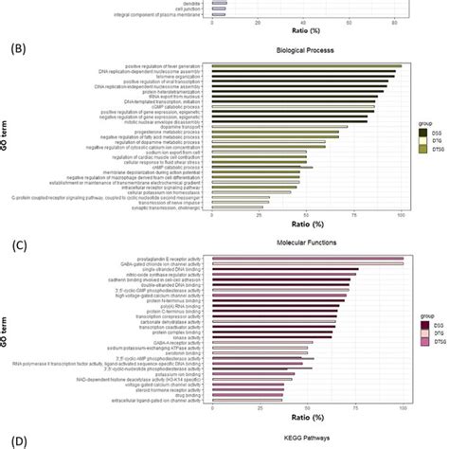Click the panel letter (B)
click(x=16, y=45)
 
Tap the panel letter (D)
click(x=16, y=440)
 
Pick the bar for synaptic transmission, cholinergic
click(x=236, y=206)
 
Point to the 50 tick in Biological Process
click(x=307, y=216)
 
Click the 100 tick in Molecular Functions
click(x=403, y=409)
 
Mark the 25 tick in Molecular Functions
click(x=260, y=409)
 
